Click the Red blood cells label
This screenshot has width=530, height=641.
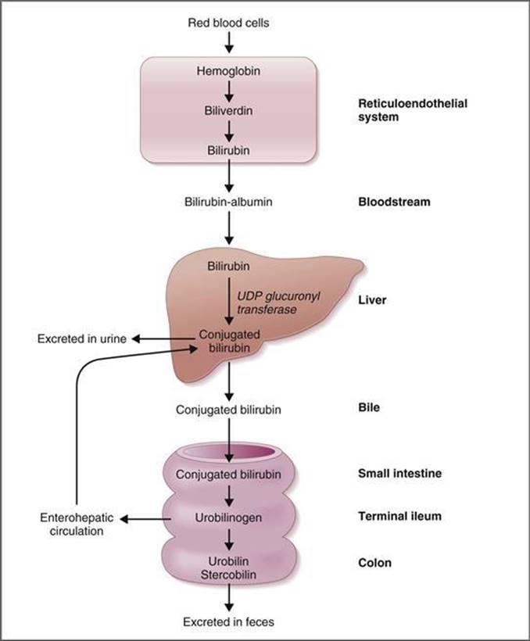[228, 23]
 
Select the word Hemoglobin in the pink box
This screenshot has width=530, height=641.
[228, 71]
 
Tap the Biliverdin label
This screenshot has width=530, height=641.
[228, 110]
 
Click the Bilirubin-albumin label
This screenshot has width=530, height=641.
[228, 202]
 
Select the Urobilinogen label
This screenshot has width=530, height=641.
[228, 517]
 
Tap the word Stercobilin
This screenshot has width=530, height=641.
[228, 576]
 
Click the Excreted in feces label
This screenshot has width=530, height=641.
[228, 622]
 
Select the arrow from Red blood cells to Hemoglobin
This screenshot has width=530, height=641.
[228, 44]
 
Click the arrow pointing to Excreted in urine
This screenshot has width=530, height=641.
[164, 338]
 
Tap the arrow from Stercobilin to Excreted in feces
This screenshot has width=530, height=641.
[228, 598]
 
